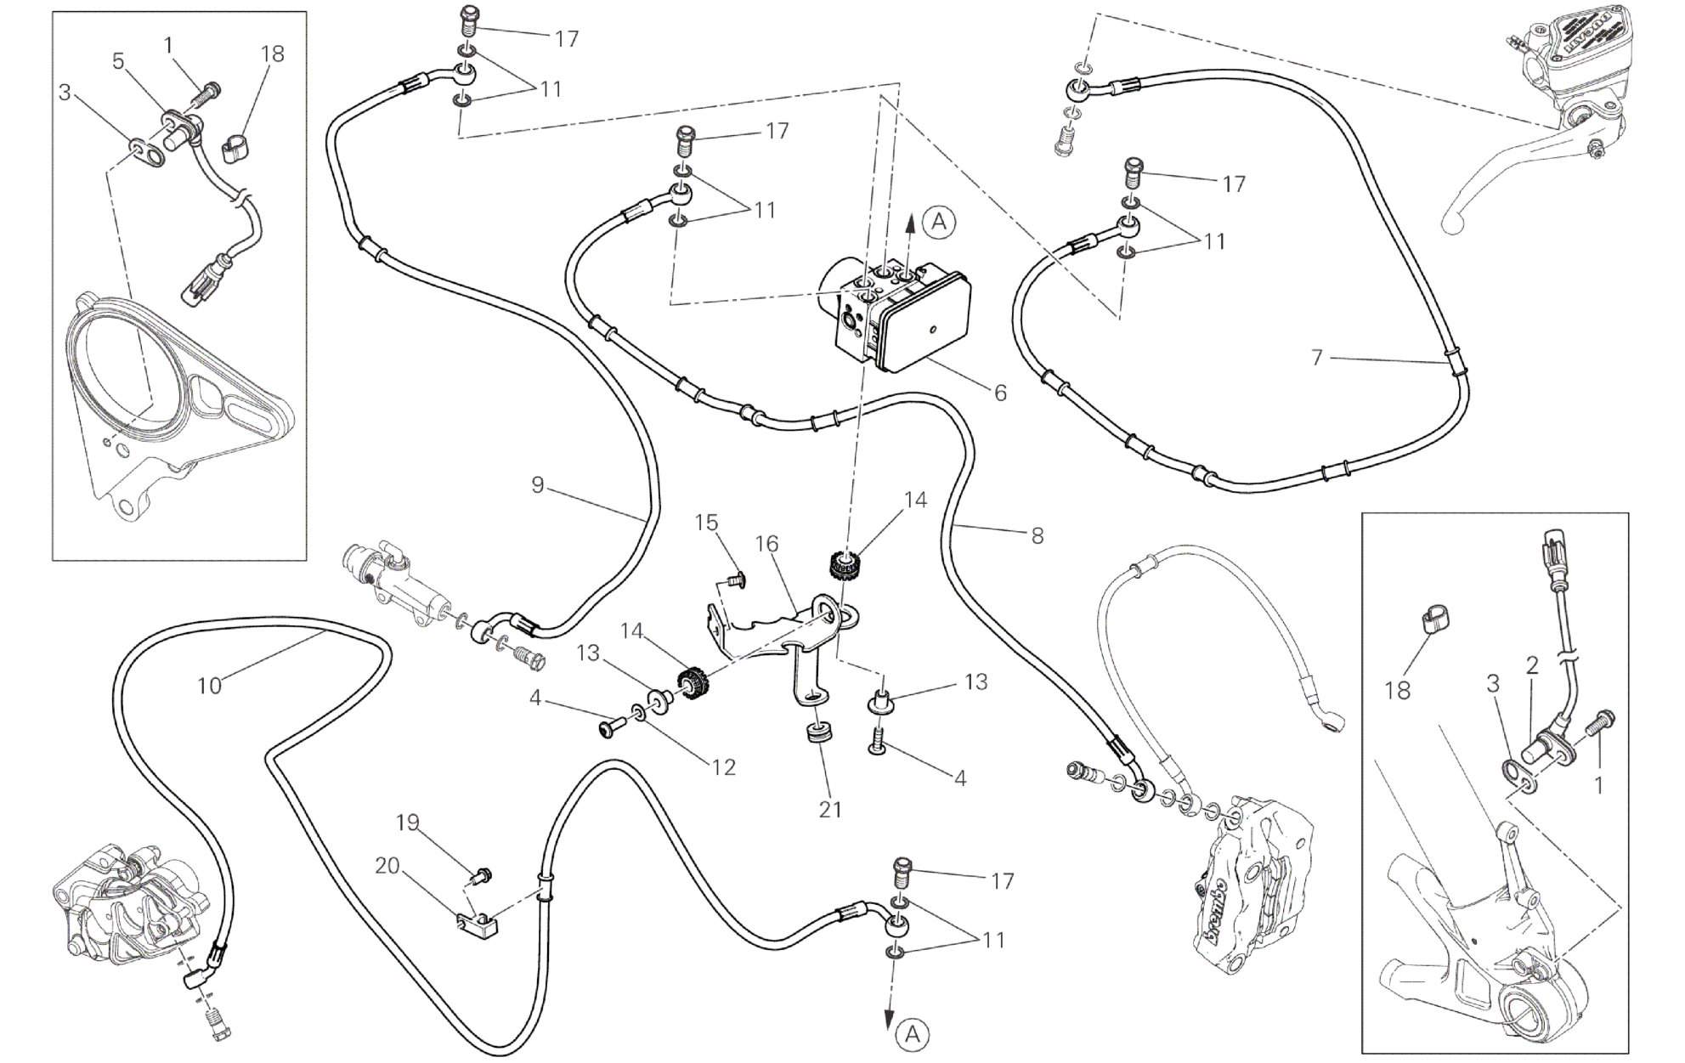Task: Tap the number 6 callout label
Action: tap(1000, 393)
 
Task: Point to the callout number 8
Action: tap(1037, 536)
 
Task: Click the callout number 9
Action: tap(537, 485)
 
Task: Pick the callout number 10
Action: tap(209, 686)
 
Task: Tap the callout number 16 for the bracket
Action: tap(766, 544)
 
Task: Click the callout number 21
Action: tap(830, 810)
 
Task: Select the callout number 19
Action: tap(408, 823)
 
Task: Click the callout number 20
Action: tap(387, 866)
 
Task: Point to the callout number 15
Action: tap(707, 523)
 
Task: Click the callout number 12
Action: tap(723, 767)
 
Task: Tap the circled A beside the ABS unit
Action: tap(938, 222)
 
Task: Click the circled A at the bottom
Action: tap(913, 1034)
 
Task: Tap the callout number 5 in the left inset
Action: tap(118, 61)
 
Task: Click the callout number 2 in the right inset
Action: tap(1532, 666)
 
